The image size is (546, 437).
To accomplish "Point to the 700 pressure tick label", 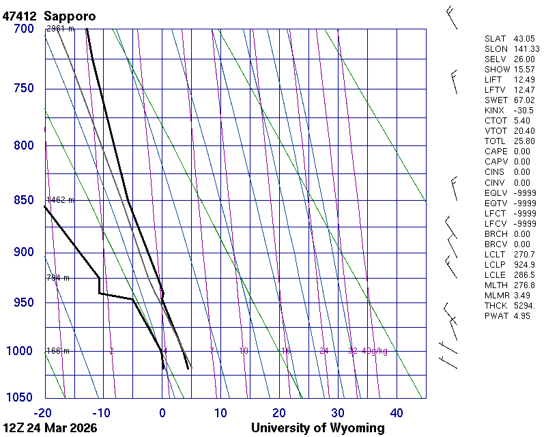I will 23,29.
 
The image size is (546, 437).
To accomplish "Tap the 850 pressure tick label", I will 23,200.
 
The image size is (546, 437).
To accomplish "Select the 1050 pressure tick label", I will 20,397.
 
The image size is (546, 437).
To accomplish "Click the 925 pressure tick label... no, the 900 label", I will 23,253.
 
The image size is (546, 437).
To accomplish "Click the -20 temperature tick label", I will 44,412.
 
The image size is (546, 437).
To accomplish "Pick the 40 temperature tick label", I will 397,412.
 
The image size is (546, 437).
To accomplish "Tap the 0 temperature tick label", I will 162,412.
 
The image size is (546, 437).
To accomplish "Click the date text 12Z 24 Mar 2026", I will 50,428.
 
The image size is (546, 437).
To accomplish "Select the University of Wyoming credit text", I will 318,428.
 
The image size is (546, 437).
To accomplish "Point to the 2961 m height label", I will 60,29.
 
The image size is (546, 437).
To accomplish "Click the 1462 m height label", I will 60,200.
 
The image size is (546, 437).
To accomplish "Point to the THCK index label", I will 495,305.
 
